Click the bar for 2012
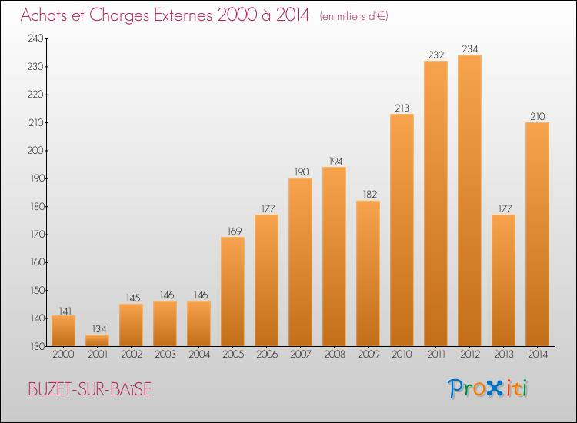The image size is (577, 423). (469, 201)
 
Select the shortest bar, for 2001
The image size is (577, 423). (97, 340)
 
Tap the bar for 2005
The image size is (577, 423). (232, 291)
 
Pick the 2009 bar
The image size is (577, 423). (368, 273)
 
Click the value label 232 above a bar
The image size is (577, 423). (435, 55)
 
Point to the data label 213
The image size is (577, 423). (402, 108)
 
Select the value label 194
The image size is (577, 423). (335, 161)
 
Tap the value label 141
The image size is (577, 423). (65, 311)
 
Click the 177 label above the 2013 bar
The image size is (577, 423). (505, 208)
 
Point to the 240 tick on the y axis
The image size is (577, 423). (35, 38)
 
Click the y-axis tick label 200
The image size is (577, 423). (35, 151)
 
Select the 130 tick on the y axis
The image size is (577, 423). (37, 346)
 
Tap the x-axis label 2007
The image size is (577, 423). (300, 355)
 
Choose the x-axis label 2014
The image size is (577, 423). (537, 355)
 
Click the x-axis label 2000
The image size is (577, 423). (63, 355)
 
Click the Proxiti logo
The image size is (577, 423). (487, 388)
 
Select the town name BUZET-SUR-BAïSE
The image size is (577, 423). (90, 389)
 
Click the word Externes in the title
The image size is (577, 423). (183, 15)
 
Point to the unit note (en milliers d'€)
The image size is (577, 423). (354, 16)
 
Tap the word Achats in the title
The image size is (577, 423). (45, 15)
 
